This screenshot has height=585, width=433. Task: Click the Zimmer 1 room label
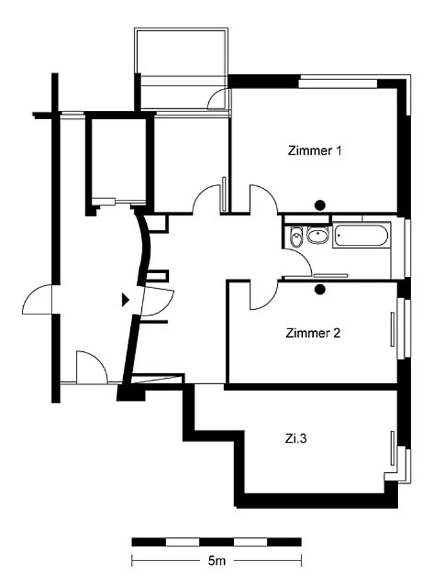(x=314, y=151)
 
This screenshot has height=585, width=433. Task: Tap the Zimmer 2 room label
(x=313, y=333)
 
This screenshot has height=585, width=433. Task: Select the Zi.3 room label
(x=296, y=438)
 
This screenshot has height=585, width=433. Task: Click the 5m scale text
(x=216, y=561)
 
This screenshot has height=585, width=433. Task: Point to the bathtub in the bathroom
(x=361, y=235)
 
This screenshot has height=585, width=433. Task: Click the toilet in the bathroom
(x=296, y=236)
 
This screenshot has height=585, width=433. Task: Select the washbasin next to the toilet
(x=318, y=235)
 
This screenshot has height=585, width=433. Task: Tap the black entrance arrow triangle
(x=126, y=300)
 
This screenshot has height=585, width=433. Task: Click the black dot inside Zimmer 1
(x=320, y=205)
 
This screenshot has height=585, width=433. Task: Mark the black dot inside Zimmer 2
(x=320, y=289)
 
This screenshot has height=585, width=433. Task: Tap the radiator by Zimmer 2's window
(x=392, y=329)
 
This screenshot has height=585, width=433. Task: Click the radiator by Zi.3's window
(x=392, y=448)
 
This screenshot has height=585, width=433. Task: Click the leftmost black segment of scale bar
(x=149, y=542)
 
